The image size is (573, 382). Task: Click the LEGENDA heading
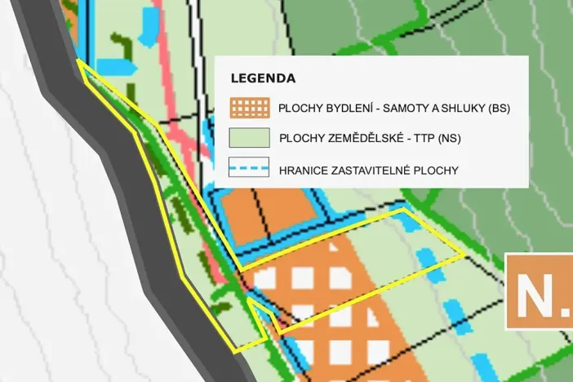tap(263, 79)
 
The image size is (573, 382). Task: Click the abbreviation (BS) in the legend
tap(496, 108)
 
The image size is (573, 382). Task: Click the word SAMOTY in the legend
tap(405, 108)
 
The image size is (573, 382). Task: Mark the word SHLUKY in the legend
tap(459, 108)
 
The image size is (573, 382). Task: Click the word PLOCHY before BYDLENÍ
tap(300, 108)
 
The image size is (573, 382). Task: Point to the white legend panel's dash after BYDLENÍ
tap(379, 108)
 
